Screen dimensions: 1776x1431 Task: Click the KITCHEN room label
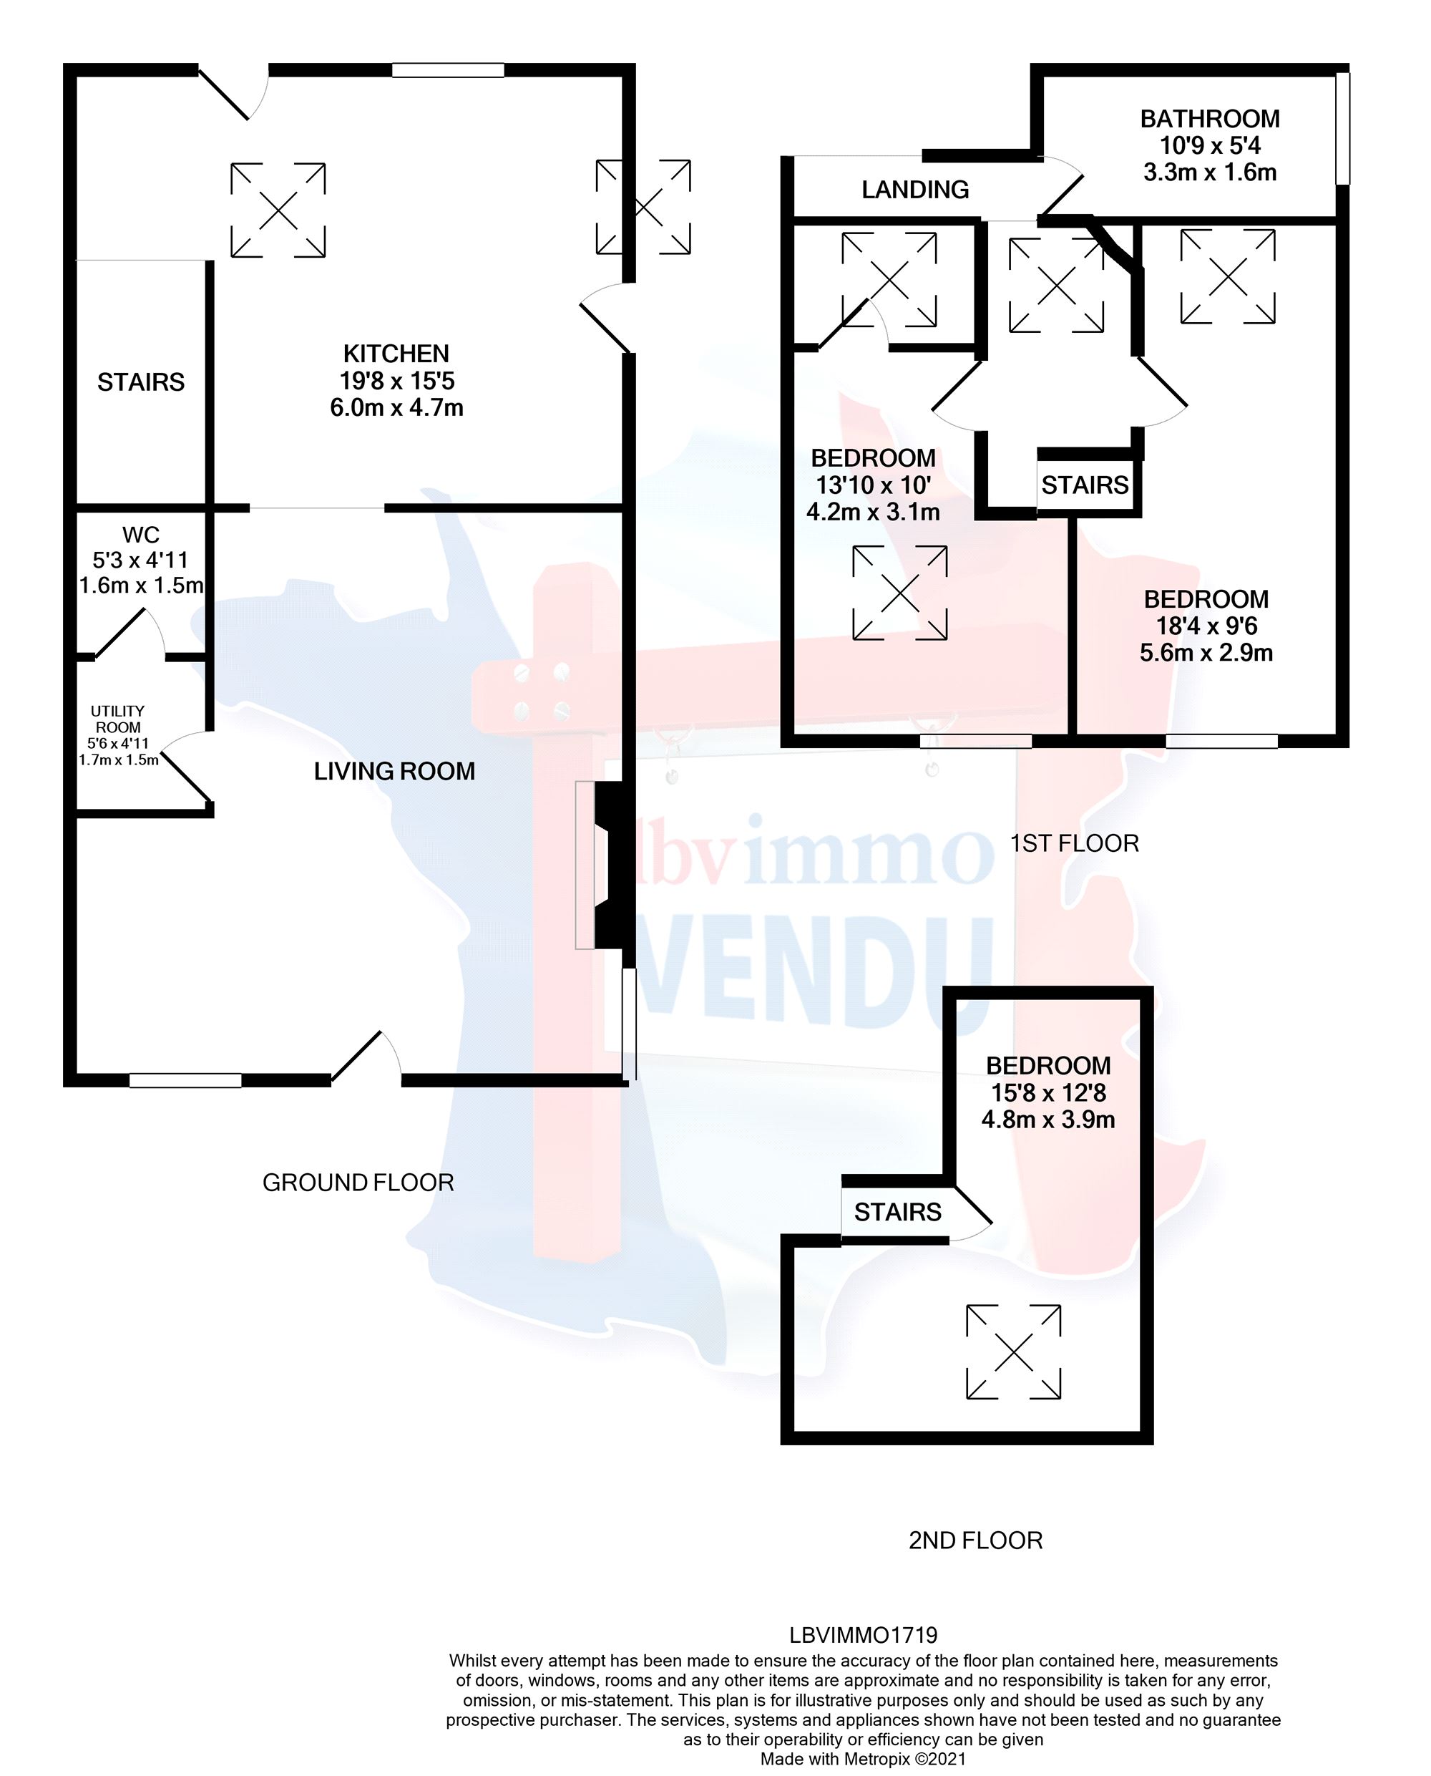click(396, 354)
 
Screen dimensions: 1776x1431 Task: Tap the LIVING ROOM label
click(394, 772)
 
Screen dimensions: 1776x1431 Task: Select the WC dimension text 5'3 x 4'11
click(140, 561)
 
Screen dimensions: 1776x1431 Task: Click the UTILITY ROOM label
click(118, 719)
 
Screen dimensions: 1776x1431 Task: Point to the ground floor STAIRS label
click(141, 382)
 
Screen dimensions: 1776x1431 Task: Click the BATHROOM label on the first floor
click(1209, 119)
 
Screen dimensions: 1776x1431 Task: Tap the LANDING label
click(915, 190)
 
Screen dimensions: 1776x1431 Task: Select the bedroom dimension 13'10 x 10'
click(873, 485)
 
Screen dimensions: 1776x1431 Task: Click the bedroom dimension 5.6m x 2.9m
click(1206, 653)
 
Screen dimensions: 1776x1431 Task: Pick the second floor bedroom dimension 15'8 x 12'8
click(1047, 1093)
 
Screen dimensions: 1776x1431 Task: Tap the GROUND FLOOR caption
click(358, 1183)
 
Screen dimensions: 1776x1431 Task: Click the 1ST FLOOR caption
click(1074, 843)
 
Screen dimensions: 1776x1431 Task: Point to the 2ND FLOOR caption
click(975, 1540)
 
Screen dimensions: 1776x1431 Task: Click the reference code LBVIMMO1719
click(863, 1635)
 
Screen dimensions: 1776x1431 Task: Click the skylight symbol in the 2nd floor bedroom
click(1013, 1352)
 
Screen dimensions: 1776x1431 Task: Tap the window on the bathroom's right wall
click(1342, 128)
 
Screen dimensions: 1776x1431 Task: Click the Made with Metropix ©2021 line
click(863, 1760)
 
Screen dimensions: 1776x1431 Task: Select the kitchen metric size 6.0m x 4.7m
click(396, 408)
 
